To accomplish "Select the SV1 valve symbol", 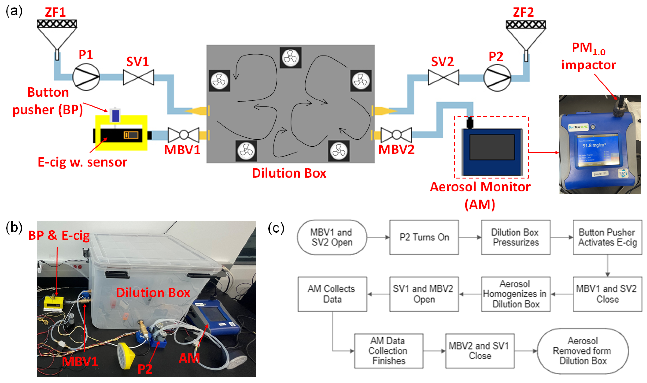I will pos(138,77).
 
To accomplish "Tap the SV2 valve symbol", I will pos(443,77).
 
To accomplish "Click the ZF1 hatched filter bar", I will pos(57,24).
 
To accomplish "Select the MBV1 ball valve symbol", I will pos(184,135).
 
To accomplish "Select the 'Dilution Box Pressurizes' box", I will pos(516,237).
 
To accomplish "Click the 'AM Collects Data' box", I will pos(332,294).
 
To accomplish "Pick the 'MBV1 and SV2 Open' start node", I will pos(332,237).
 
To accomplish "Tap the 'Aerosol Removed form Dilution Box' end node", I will pos(583,351).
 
